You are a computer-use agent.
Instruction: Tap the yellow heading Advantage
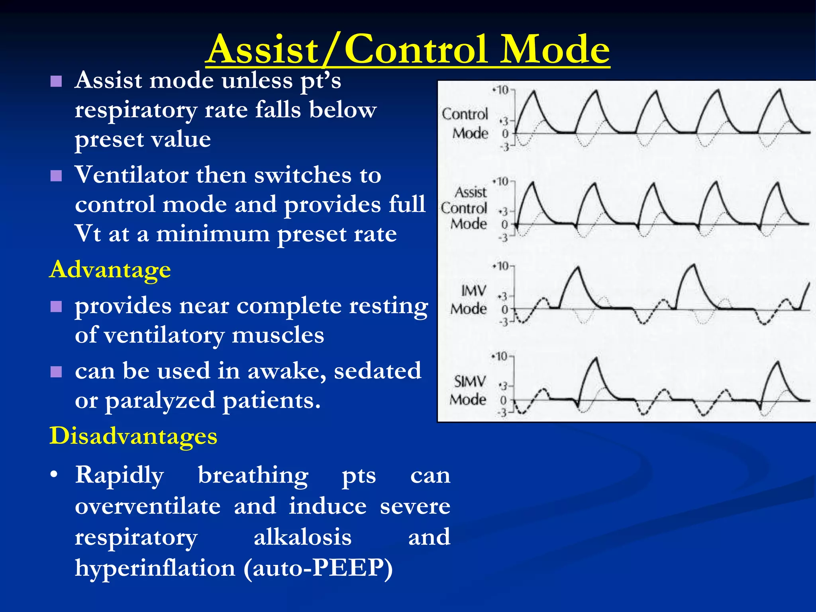click(x=110, y=270)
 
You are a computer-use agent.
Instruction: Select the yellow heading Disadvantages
click(x=133, y=435)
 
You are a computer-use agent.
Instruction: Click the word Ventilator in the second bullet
click(x=131, y=175)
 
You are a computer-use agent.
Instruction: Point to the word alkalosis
click(x=302, y=537)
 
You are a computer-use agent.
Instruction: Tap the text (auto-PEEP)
click(x=318, y=568)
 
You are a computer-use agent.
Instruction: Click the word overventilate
click(x=147, y=506)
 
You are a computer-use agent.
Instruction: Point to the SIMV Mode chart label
click(x=469, y=390)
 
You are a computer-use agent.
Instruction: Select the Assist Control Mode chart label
click(x=465, y=208)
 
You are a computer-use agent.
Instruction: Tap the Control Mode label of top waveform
click(x=466, y=123)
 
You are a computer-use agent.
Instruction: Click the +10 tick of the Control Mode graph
click(x=502, y=90)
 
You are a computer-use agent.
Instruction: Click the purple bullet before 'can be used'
click(x=56, y=372)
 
